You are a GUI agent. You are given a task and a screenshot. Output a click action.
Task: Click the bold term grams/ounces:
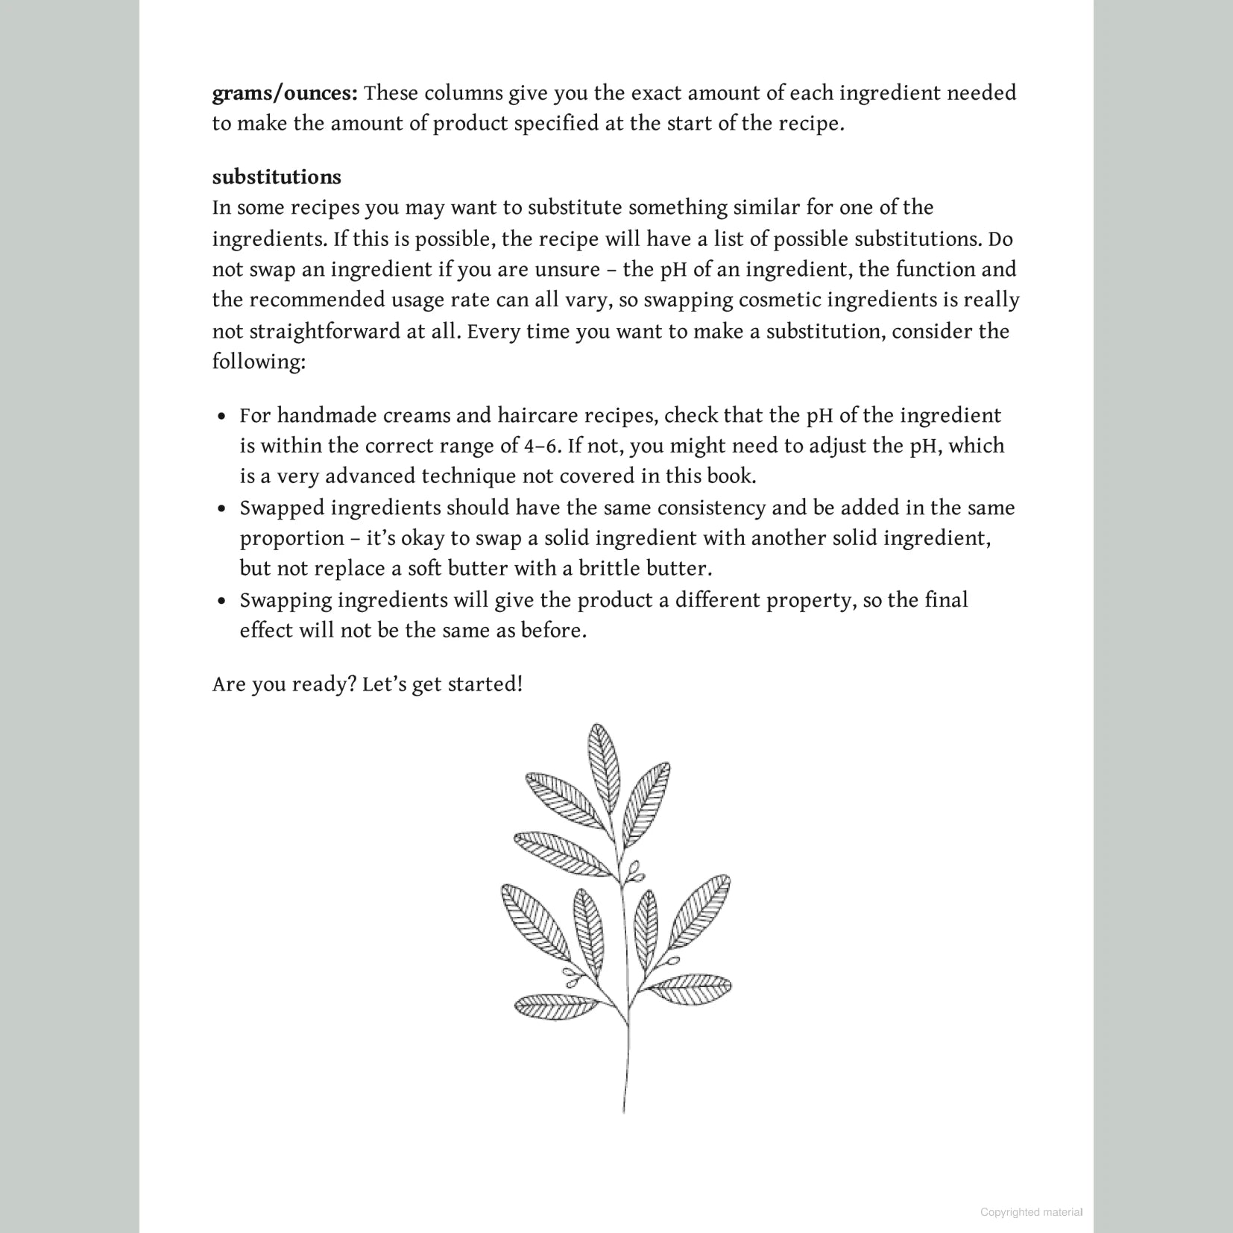tap(285, 94)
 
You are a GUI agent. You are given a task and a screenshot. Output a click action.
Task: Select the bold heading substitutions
tap(277, 177)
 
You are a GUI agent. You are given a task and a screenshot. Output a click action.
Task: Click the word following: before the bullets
tap(259, 362)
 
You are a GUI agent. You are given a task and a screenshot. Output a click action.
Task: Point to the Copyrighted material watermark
tap(1031, 1212)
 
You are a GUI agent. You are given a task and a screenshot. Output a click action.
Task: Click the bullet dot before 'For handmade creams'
tap(221, 417)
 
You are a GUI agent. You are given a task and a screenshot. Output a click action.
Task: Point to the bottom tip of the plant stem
tap(624, 1111)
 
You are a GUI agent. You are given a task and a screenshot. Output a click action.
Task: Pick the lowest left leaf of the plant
tap(555, 1006)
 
